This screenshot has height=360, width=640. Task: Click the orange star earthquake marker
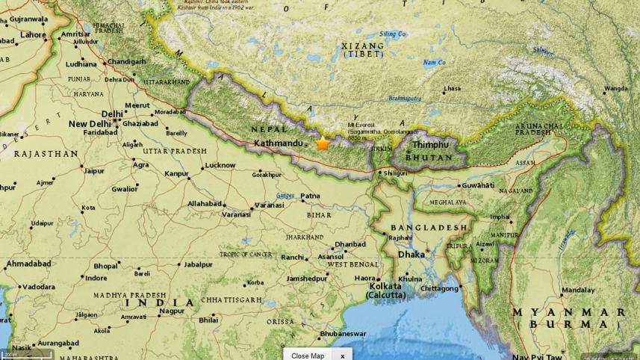(x=323, y=143)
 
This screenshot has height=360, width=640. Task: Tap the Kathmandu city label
(x=279, y=143)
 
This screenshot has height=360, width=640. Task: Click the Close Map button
(x=308, y=356)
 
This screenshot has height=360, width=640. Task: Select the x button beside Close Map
(x=342, y=356)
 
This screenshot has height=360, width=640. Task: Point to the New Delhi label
(x=90, y=124)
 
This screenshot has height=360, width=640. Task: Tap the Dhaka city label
(x=411, y=255)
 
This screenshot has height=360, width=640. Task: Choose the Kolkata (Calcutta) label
(x=385, y=291)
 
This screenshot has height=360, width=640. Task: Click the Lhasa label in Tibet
(x=453, y=89)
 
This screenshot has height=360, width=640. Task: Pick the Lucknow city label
(x=220, y=165)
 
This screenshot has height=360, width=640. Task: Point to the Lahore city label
(x=33, y=34)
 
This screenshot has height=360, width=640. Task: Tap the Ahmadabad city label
(x=29, y=264)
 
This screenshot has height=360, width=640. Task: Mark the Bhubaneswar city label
(x=343, y=334)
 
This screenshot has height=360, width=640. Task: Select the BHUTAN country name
(x=429, y=158)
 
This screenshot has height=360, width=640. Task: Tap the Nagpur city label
(x=172, y=311)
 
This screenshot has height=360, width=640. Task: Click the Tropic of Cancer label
(x=245, y=255)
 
